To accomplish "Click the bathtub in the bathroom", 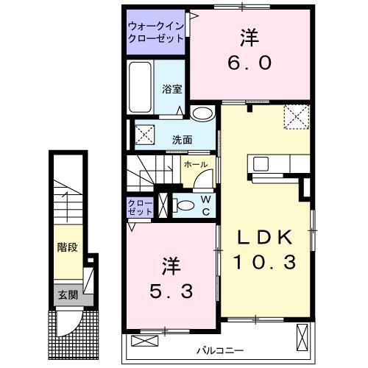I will coord(141,88).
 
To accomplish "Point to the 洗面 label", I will coord(183,138).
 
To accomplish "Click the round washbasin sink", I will coord(201,114).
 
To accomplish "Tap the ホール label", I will coord(194,164).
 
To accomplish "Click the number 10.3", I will coord(265,261).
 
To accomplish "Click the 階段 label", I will coord(67,247).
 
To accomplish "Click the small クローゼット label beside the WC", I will coord(140,207).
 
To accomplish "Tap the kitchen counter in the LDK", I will coord(272,163).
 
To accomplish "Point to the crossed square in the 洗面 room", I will coord(144,135).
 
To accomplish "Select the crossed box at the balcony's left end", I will coord(144,341).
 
